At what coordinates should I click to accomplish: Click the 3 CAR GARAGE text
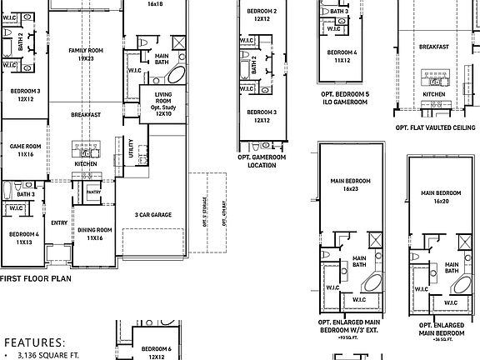152,215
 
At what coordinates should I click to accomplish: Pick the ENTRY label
59,222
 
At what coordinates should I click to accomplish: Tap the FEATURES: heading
35,342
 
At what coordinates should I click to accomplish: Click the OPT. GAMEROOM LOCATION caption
262,160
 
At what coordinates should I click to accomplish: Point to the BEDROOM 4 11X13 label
24,238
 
